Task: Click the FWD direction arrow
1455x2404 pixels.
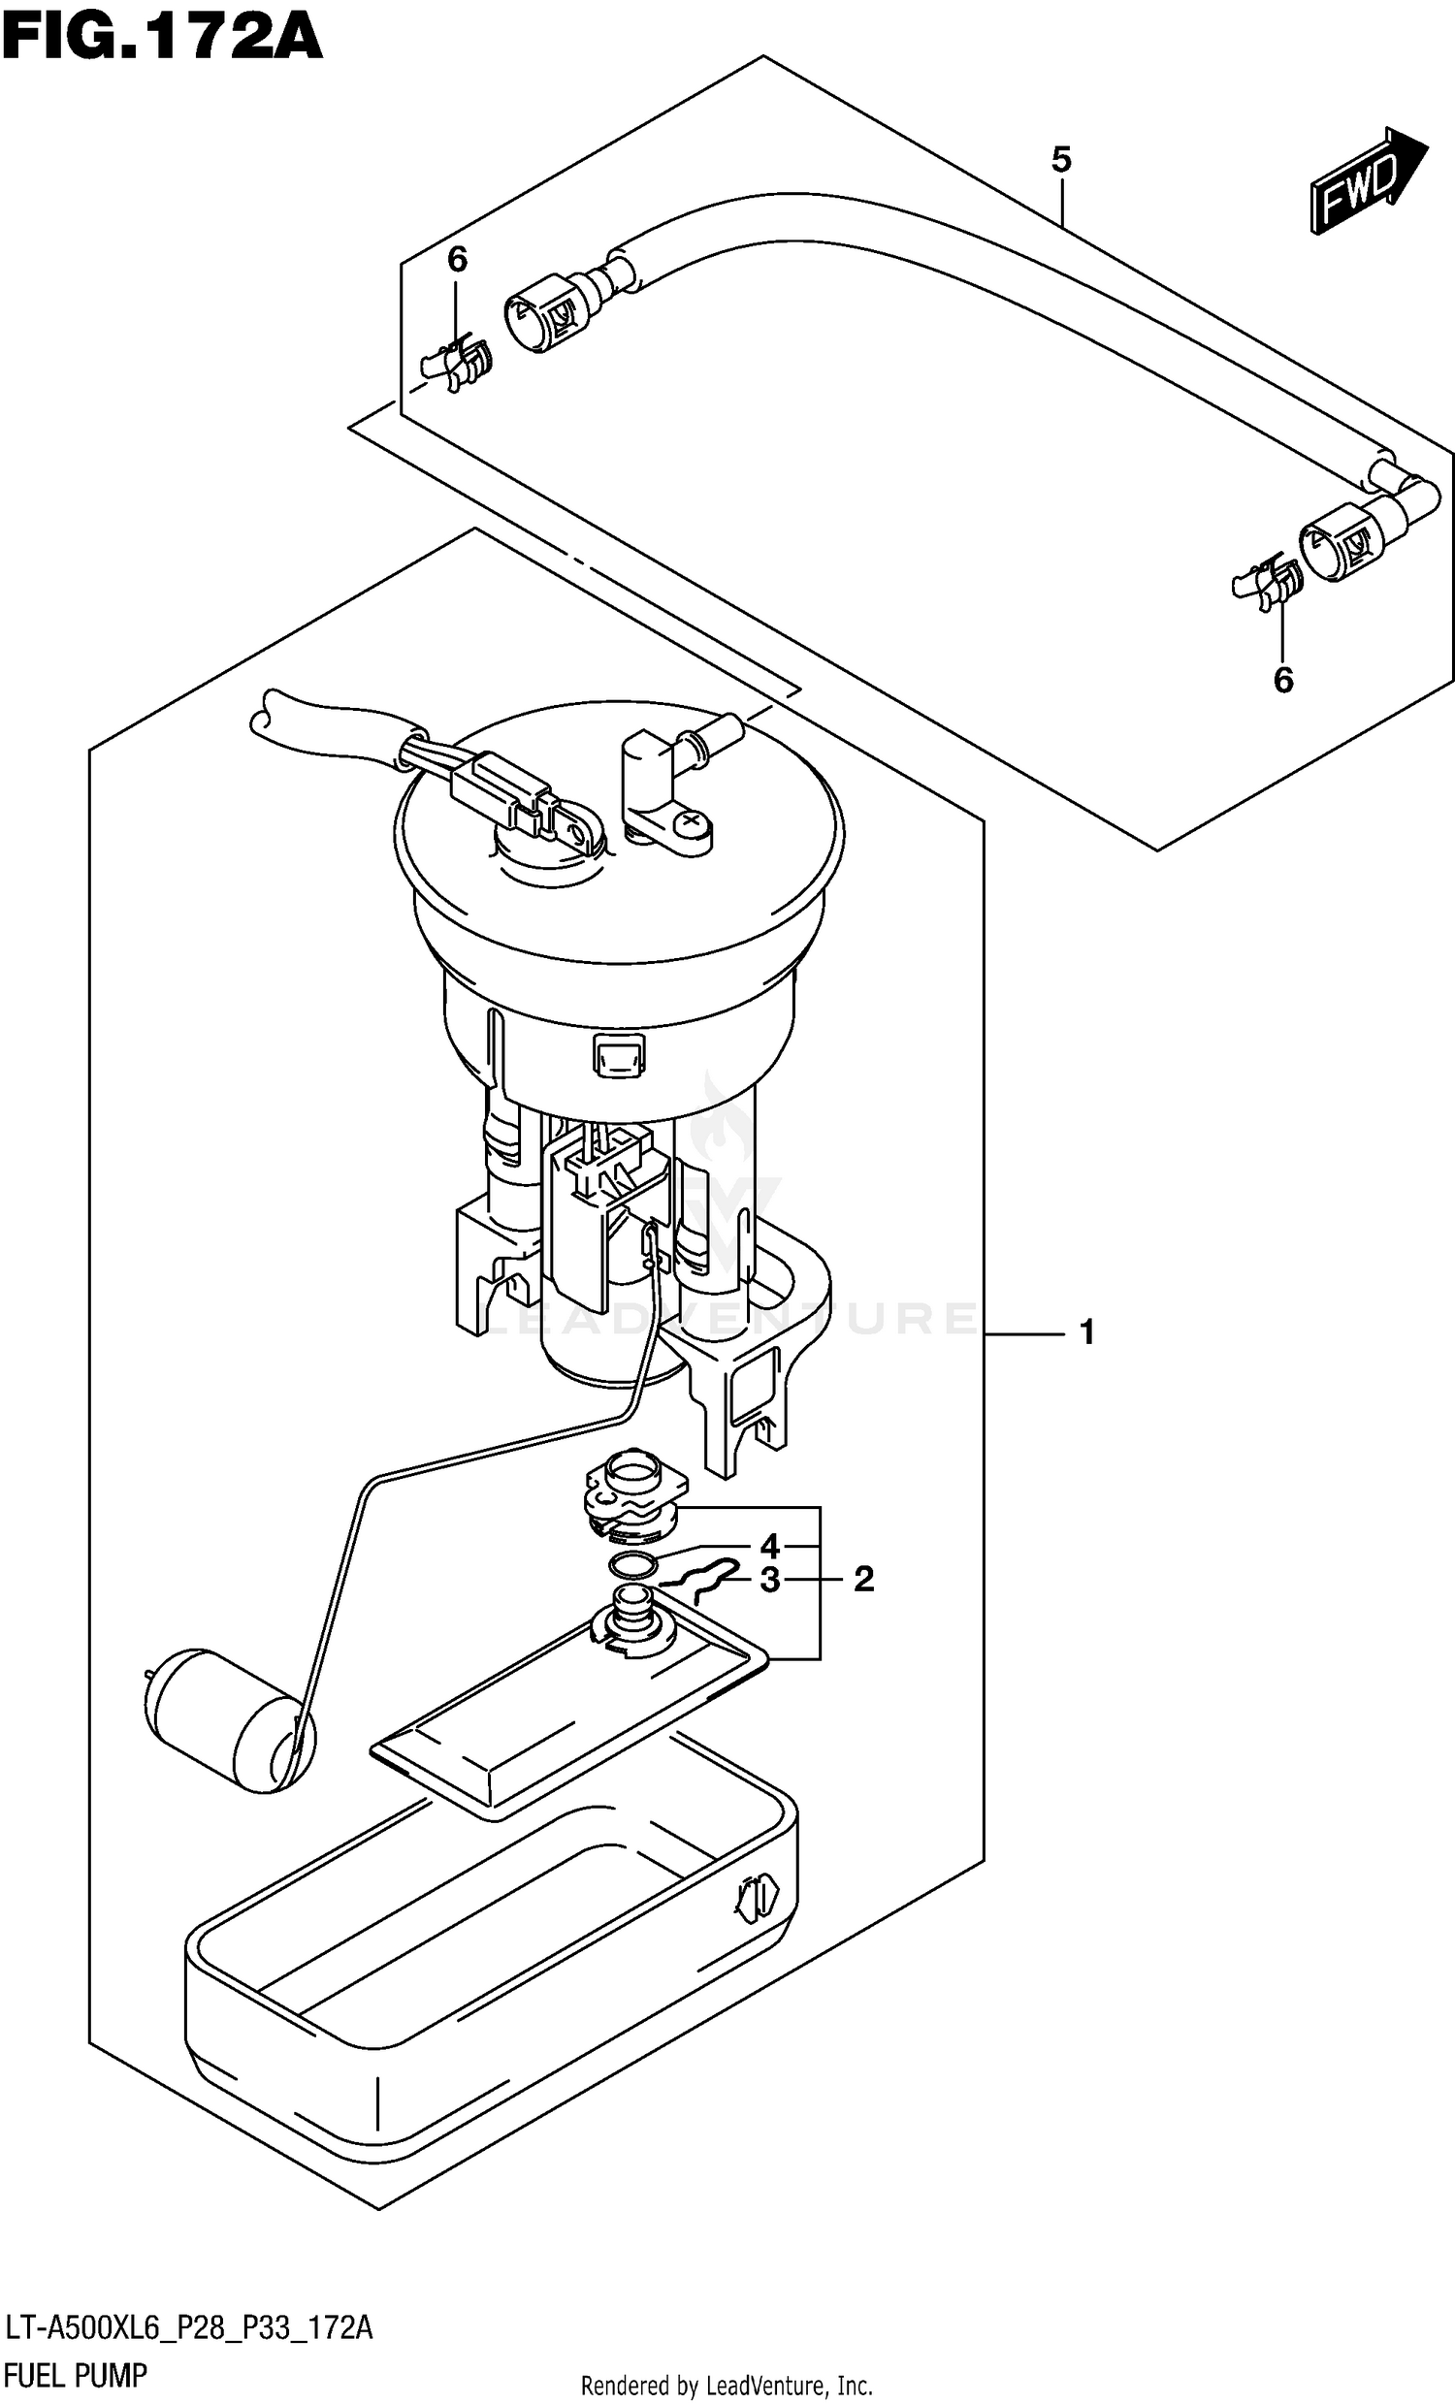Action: (1366, 179)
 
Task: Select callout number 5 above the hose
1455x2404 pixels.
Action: (1061, 159)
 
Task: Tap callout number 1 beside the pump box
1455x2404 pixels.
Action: (1087, 1331)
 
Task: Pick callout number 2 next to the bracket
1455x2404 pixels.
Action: (863, 1579)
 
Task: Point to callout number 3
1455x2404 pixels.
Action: (770, 1580)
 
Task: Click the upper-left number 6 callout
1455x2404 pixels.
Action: (457, 260)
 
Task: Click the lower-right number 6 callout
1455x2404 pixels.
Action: (1282, 680)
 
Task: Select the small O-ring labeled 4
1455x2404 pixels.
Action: (632, 1566)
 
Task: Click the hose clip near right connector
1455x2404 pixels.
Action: (1266, 583)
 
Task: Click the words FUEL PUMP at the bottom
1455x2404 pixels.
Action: (76, 2375)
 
